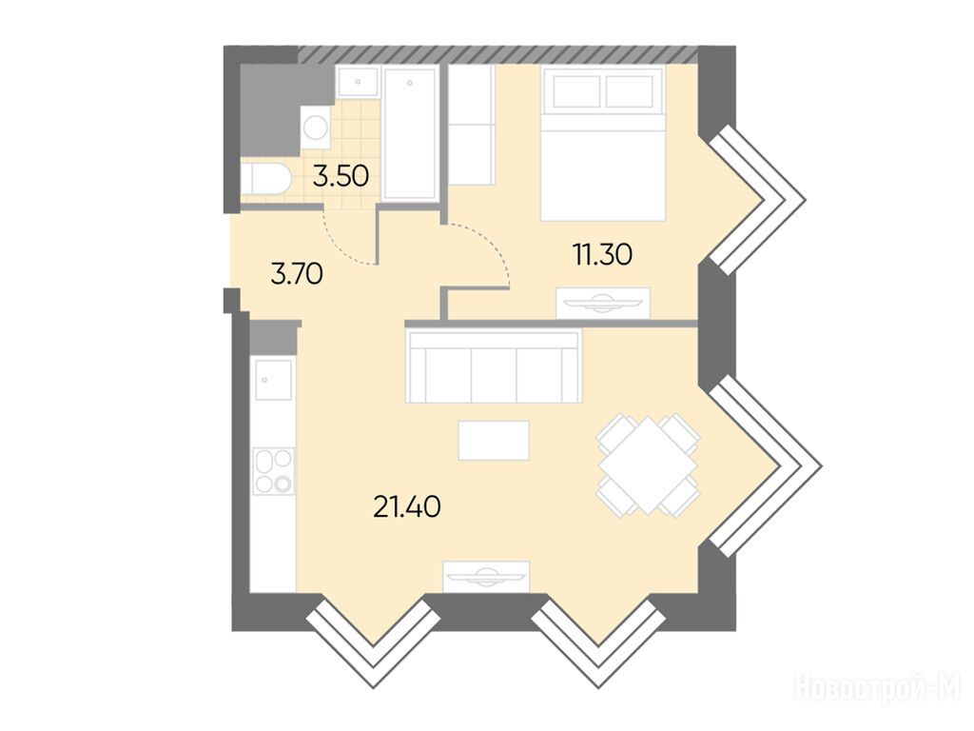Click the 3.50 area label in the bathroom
[x=341, y=176]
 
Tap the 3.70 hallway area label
[x=297, y=273]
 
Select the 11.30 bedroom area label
[x=602, y=254]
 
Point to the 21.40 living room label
[x=407, y=507]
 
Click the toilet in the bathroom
[x=265, y=179]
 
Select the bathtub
[x=410, y=134]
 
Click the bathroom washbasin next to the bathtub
[x=358, y=82]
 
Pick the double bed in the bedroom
[x=602, y=144]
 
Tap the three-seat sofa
[x=494, y=365]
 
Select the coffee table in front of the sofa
[x=494, y=441]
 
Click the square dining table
[x=648, y=465]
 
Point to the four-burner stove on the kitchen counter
[x=274, y=471]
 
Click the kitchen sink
[x=273, y=380]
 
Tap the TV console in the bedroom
[x=602, y=303]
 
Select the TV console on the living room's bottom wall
[x=486, y=577]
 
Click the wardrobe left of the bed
[x=472, y=127]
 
